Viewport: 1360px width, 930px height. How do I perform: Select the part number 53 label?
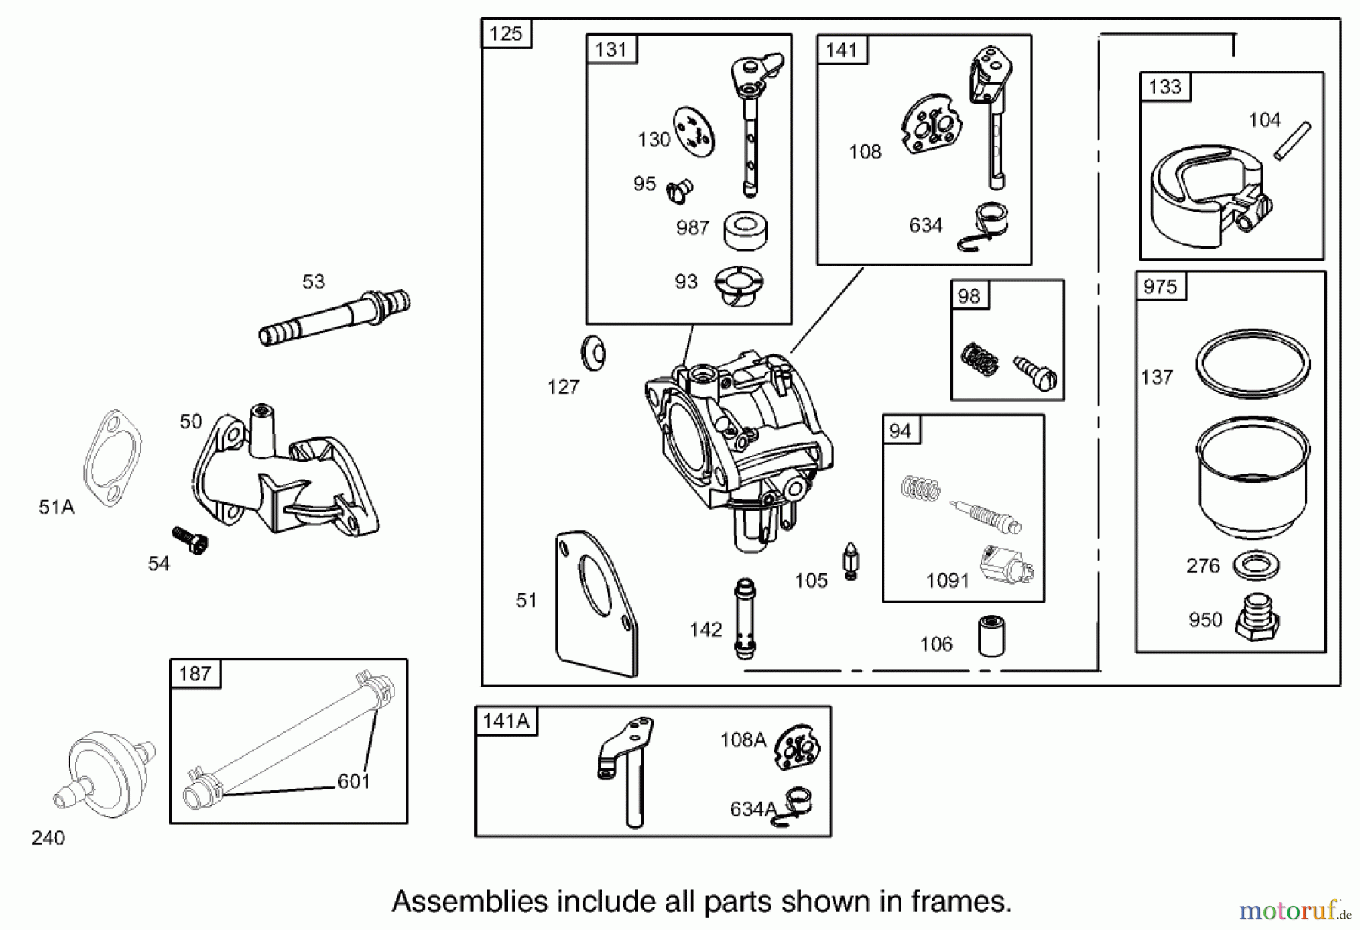[313, 282]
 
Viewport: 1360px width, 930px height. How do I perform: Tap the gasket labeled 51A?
[113, 458]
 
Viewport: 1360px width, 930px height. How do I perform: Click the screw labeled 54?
[190, 539]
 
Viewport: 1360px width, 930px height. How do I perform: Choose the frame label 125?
[505, 34]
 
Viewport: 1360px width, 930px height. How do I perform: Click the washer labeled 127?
[593, 353]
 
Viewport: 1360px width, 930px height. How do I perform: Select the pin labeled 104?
[1293, 140]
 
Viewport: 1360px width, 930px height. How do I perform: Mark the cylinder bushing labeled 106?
[991, 637]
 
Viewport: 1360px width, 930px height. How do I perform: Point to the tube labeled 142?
[744, 617]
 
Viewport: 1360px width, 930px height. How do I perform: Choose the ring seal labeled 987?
[746, 229]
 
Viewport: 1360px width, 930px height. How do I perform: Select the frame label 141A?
[505, 721]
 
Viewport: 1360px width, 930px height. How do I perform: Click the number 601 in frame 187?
[354, 781]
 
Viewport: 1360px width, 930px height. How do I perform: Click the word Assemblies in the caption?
[468, 901]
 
